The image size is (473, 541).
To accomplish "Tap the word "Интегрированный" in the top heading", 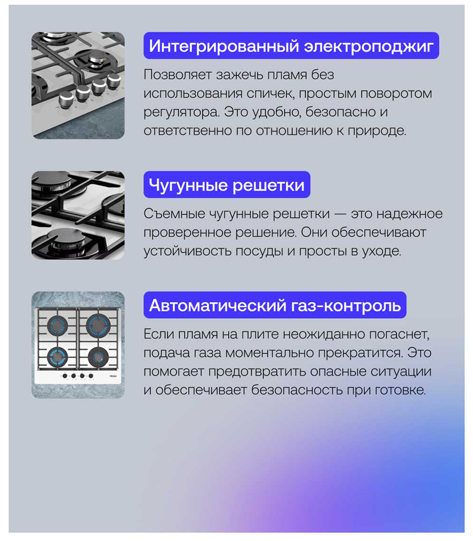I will (224, 46).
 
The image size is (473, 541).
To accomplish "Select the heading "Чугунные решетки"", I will (227, 185).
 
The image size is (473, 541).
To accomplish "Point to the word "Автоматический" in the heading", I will (216, 305).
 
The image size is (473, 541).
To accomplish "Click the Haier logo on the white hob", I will (114, 376).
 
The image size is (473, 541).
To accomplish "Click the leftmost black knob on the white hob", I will (64, 376).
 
